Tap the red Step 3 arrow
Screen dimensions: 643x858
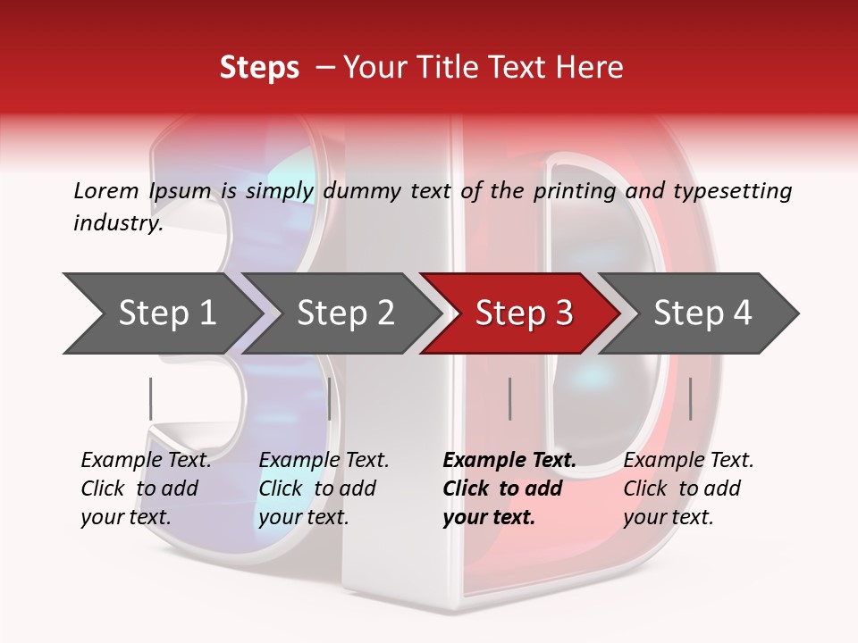tap(524, 313)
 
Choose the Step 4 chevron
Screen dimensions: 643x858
tap(702, 313)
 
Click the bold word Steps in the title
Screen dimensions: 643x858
tap(259, 68)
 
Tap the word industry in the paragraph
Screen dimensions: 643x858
tap(117, 222)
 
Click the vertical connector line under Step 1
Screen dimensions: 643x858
tap(150, 398)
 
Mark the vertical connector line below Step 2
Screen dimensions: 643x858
tap(330, 398)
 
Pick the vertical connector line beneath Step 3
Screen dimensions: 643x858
tap(509, 398)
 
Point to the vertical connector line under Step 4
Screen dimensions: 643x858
tap(690, 398)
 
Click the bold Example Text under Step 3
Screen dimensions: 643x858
tap(509, 461)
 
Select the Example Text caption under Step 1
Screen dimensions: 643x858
tap(146, 461)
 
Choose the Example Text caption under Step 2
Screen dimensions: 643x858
tap(324, 461)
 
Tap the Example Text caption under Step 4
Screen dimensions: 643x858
tap(688, 461)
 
